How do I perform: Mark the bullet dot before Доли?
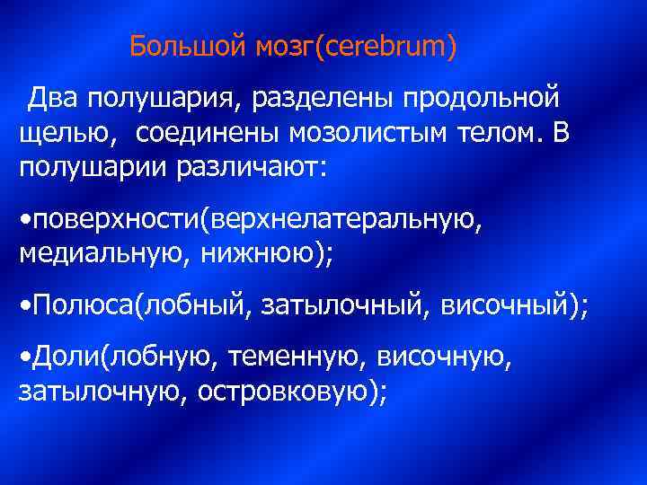[x=23, y=359]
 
